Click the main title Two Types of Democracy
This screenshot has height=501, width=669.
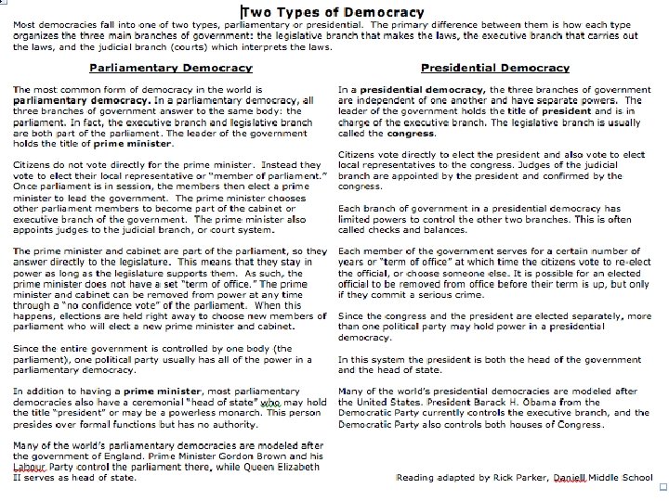point(332,13)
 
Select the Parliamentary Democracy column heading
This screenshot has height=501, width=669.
point(170,68)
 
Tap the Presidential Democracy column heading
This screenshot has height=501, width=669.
point(494,68)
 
